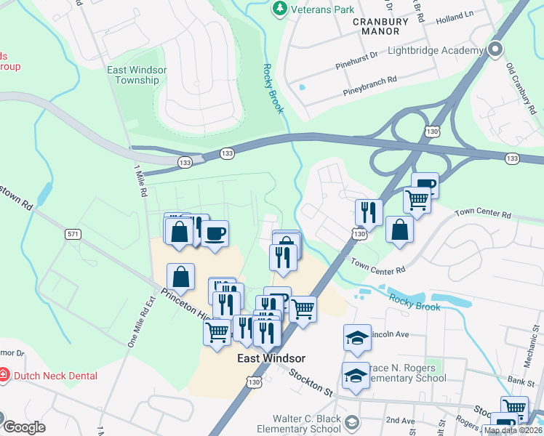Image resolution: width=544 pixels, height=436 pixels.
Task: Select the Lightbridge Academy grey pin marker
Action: point(496,50)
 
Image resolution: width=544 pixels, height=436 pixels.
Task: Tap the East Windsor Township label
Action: point(137,75)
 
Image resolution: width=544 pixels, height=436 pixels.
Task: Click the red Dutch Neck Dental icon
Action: point(4,376)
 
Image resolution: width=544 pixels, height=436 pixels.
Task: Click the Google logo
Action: point(24,427)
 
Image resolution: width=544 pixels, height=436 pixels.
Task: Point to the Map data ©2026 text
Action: point(513,430)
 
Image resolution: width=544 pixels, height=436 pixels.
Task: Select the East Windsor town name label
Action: point(271,358)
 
